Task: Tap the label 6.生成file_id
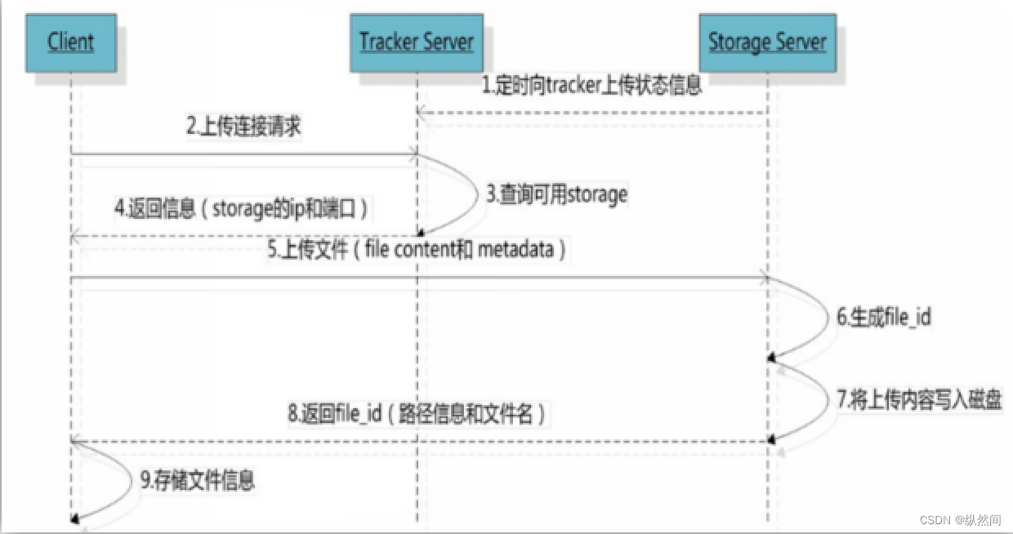883,317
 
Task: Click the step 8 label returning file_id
416,414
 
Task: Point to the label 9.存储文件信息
197,479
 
